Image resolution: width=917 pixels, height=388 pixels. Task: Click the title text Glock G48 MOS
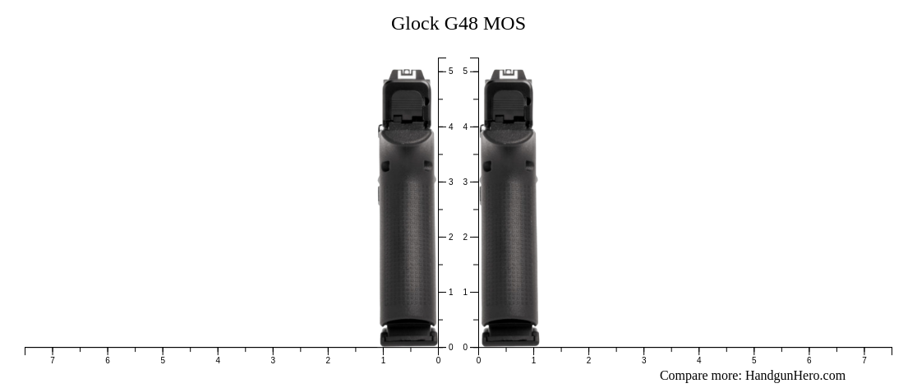click(x=458, y=24)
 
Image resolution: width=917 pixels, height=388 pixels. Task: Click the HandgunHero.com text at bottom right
click(x=795, y=376)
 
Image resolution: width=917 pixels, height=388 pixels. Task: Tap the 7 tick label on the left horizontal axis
click(x=53, y=360)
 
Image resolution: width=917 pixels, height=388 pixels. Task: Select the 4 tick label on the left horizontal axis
click(x=218, y=360)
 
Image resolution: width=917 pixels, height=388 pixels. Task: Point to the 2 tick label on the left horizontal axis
click(x=328, y=360)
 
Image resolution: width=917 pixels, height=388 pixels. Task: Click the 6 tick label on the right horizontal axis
click(x=809, y=360)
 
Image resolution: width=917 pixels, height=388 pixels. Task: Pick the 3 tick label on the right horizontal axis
click(x=643, y=360)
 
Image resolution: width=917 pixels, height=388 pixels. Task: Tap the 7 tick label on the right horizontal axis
click(x=864, y=360)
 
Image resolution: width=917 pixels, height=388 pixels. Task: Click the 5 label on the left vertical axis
click(x=450, y=72)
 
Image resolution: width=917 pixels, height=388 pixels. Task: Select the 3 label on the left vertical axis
click(x=450, y=182)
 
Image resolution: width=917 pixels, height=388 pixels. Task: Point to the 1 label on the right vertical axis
click(x=465, y=292)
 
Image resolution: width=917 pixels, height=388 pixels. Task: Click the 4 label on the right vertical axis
click(x=465, y=127)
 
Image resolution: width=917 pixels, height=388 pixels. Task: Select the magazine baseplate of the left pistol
click(x=408, y=335)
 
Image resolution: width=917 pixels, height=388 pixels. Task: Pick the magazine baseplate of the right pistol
click(x=510, y=335)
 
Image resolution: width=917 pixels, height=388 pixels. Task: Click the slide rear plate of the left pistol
click(x=407, y=105)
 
